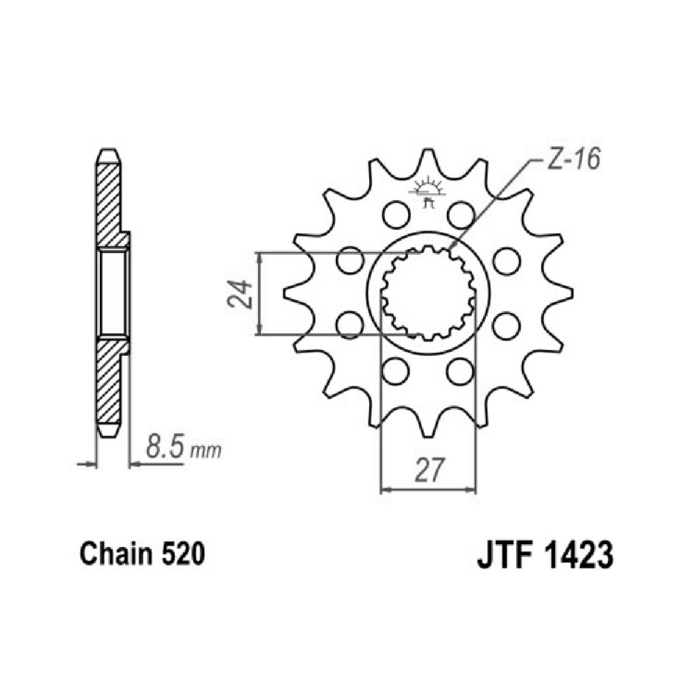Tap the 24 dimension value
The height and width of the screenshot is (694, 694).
[240, 294]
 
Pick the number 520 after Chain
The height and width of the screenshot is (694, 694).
[183, 554]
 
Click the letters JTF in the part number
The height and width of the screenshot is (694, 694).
[504, 555]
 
